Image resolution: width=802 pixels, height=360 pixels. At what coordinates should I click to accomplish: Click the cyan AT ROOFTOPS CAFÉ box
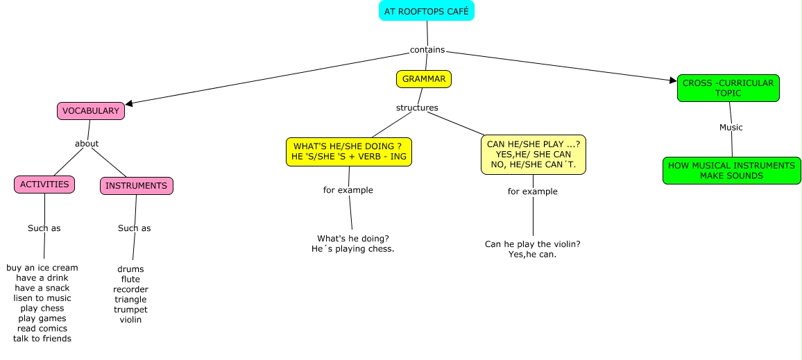[x=427, y=12]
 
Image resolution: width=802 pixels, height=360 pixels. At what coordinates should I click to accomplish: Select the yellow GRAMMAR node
[x=424, y=79]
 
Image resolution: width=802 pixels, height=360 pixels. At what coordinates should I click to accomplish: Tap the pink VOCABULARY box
[x=90, y=111]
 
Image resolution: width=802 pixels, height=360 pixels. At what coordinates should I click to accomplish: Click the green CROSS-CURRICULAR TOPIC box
[x=728, y=88]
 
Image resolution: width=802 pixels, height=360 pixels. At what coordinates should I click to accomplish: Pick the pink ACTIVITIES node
[x=44, y=185]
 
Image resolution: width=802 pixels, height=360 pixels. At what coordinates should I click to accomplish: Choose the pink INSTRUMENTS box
[x=137, y=186]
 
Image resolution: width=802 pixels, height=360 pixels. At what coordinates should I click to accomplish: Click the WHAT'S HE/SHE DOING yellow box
[x=349, y=152]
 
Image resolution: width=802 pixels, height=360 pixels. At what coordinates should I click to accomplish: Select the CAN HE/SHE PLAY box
[x=533, y=155]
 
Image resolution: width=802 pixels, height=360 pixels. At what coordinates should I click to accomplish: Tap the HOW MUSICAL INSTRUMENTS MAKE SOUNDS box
[x=731, y=171]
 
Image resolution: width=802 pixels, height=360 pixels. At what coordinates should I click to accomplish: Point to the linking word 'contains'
[x=427, y=50]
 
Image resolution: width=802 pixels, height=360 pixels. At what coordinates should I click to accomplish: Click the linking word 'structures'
[x=417, y=108]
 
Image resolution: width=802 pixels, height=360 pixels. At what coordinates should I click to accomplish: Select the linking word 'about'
[x=87, y=144]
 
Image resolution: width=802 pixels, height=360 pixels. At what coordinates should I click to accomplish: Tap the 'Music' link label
[x=731, y=127]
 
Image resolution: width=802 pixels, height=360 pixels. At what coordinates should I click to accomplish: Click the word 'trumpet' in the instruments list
[x=130, y=309]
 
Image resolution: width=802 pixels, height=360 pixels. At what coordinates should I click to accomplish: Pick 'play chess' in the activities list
[x=42, y=308]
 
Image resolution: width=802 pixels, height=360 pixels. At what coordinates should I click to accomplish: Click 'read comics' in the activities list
[x=42, y=328]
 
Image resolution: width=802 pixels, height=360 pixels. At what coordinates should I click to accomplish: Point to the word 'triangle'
[x=130, y=299]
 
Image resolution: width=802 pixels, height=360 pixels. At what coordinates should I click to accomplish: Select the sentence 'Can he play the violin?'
[x=532, y=244]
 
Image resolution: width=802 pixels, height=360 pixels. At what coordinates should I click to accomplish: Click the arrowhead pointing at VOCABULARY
[x=129, y=104]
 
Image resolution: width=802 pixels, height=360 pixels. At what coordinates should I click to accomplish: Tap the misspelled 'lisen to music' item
[x=42, y=298]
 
